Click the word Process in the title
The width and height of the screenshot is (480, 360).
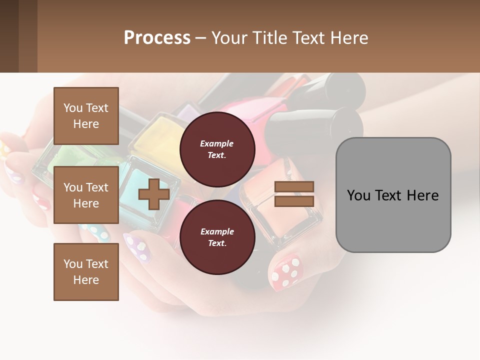click(x=157, y=37)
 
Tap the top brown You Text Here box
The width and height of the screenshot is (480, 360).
click(x=86, y=116)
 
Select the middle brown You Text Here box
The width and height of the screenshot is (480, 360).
click(x=86, y=195)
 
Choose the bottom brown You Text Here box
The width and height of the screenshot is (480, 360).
click(x=86, y=271)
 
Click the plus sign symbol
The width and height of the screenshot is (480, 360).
click(x=153, y=194)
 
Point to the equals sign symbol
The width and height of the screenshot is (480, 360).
click(x=294, y=194)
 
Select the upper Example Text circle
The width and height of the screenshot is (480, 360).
click(x=217, y=149)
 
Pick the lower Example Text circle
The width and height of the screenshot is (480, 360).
click(x=217, y=237)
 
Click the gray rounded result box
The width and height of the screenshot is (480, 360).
click(x=393, y=195)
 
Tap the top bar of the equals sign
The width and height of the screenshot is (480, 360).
click(x=294, y=186)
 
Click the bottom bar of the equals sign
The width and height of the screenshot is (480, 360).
click(x=294, y=201)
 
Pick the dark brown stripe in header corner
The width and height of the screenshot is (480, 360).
click(x=9, y=36)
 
